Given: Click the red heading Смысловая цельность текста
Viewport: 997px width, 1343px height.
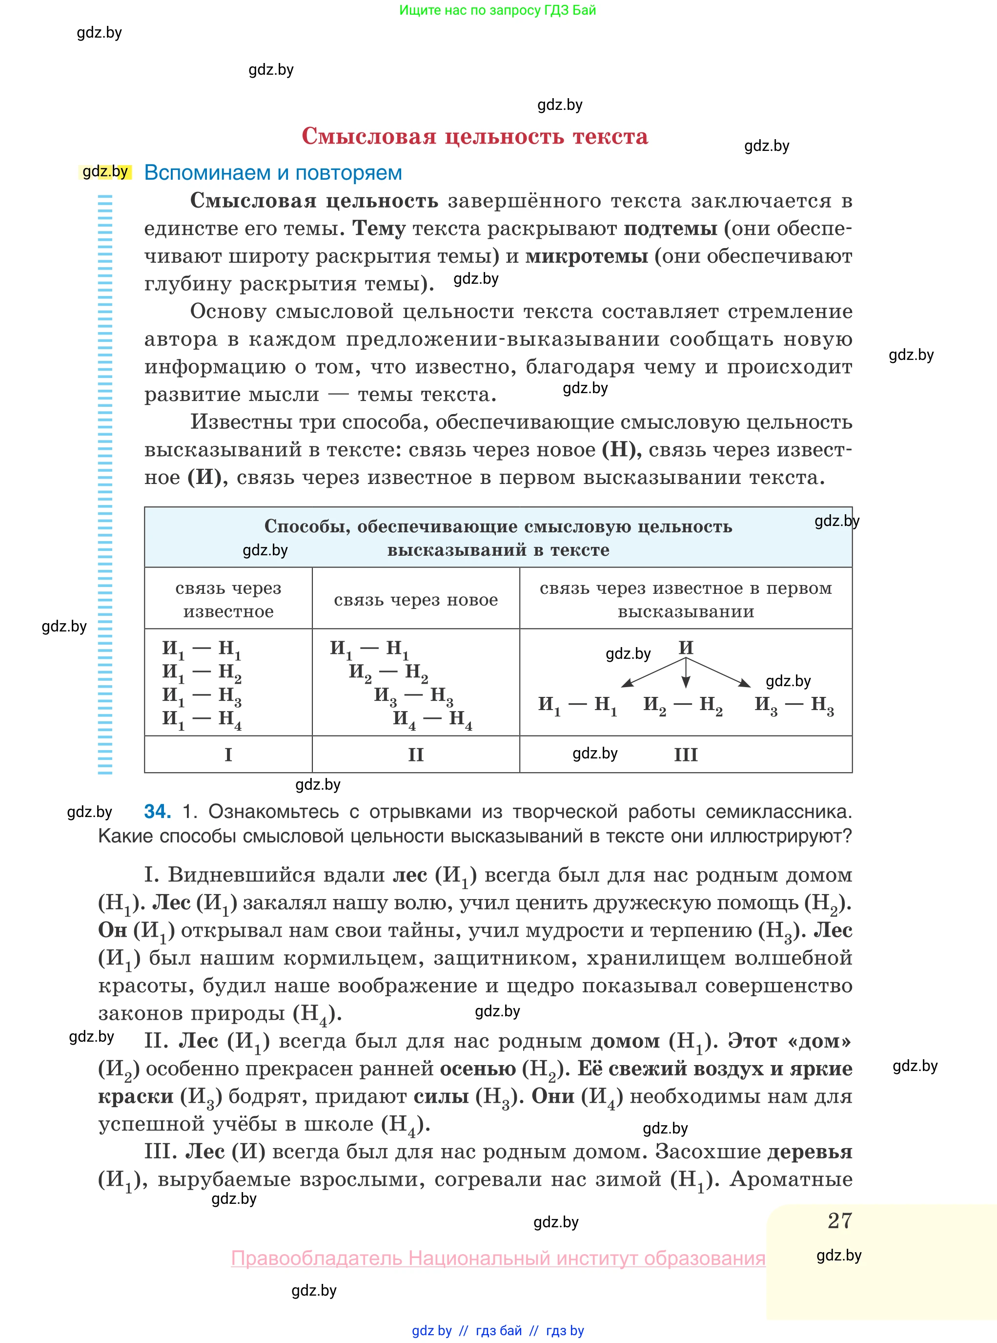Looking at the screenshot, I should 474,136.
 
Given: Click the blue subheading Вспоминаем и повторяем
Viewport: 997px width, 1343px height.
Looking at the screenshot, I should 273,173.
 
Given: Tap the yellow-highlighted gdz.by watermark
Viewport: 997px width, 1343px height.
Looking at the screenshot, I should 105,171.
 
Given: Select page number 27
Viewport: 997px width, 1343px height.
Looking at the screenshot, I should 839,1221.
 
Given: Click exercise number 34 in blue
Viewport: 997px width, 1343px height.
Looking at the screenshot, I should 157,811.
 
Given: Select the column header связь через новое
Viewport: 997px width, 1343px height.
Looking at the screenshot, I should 415,600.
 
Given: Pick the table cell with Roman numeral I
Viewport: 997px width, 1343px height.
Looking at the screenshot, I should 228,754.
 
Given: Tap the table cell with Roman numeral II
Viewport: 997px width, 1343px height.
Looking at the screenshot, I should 415,754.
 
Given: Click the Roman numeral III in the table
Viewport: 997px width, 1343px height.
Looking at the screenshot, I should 686,754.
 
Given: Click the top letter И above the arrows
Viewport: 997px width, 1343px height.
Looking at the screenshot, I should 686,648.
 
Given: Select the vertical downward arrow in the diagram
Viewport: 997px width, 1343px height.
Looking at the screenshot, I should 686,673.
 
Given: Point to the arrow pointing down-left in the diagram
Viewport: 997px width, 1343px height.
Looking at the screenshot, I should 652,672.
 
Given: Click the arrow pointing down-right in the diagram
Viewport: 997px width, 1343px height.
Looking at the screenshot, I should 719,672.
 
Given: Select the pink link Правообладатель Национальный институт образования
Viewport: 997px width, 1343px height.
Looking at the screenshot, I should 498,1259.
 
